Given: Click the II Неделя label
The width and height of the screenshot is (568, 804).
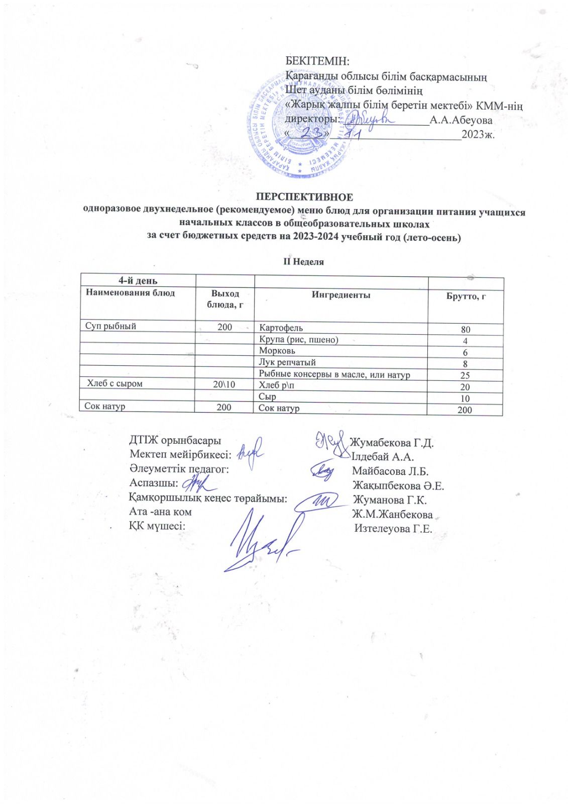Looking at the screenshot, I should (305, 262).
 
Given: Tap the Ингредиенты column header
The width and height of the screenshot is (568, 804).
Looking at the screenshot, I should (341, 295).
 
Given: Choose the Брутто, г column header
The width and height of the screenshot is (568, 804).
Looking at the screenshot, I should (466, 296).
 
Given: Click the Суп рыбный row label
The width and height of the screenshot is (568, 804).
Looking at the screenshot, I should (110, 327).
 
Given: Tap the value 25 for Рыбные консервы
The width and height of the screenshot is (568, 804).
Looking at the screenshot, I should (465, 375).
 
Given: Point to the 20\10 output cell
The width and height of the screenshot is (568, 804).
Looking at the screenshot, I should (224, 384).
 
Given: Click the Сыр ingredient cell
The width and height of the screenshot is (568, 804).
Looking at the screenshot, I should (267, 396).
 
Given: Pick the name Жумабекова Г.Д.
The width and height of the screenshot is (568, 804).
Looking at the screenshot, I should (392, 443).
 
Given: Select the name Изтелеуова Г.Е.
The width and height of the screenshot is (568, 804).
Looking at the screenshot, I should (393, 529).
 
